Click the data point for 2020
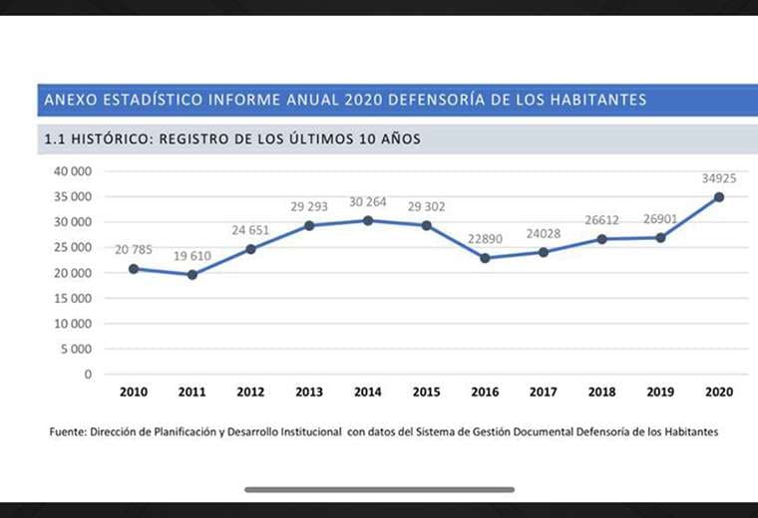click(718, 197)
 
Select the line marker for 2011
click(191, 274)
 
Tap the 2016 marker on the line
click(485, 258)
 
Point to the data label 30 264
click(368, 202)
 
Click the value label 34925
click(718, 178)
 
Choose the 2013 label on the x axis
click(309, 392)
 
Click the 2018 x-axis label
click(601, 392)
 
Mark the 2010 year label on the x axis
click(134, 392)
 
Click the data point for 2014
click(368, 220)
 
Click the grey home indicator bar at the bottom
click(379, 489)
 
